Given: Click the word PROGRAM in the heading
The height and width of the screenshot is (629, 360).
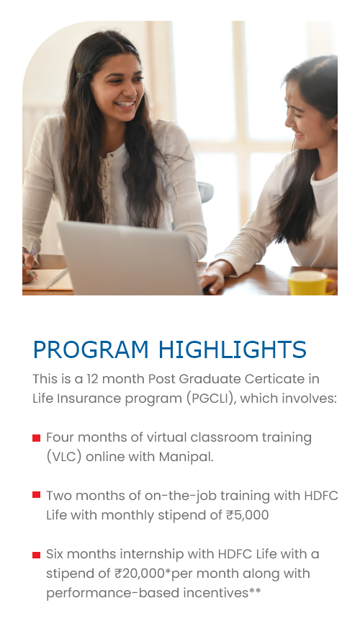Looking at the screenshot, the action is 91,349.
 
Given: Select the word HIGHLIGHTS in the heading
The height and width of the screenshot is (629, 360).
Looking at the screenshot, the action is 233,349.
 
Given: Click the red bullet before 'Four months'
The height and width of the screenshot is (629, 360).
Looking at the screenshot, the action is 37,437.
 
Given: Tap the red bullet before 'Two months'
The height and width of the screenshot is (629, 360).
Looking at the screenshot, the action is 37,494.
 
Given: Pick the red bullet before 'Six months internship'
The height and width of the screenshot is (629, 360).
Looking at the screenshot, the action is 37,555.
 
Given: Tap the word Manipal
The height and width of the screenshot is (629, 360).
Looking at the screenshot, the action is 186,458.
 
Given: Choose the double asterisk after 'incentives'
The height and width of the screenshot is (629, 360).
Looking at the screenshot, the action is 255,591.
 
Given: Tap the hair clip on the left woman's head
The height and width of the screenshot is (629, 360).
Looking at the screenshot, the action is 83,75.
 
